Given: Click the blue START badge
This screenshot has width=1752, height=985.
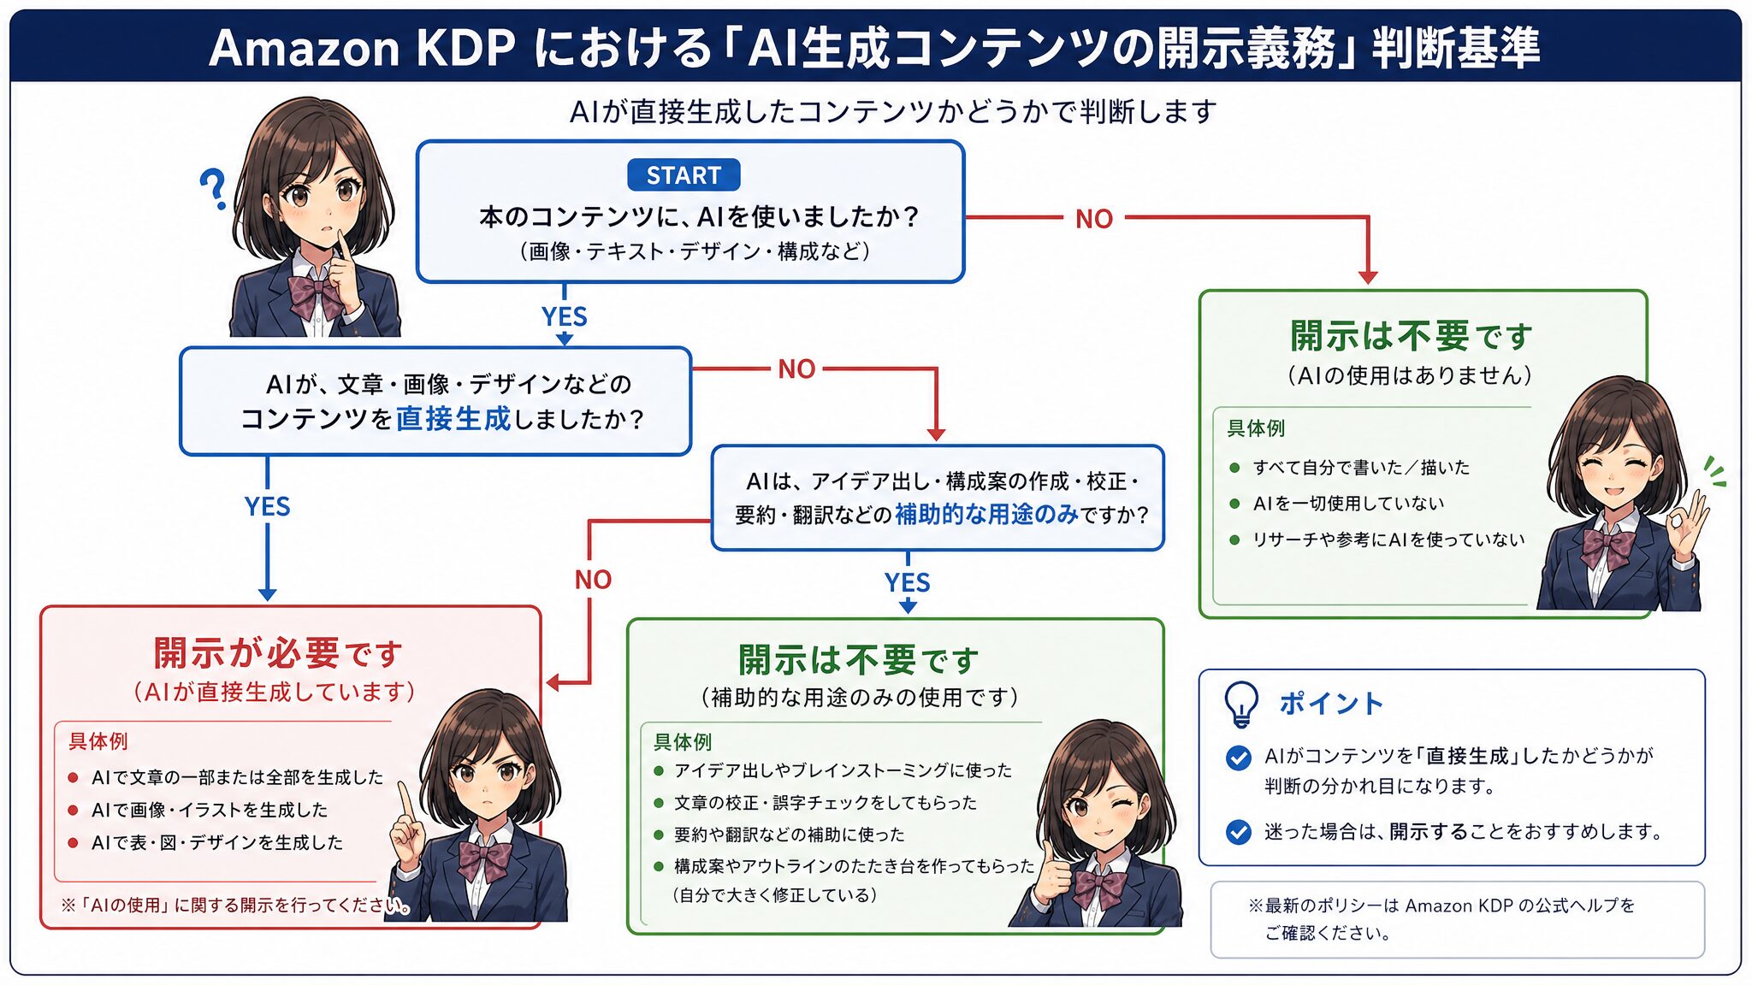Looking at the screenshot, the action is click(x=684, y=175).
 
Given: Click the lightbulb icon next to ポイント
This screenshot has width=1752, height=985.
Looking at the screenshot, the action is click(x=1241, y=704).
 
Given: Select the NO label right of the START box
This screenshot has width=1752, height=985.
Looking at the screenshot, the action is click(x=1094, y=219).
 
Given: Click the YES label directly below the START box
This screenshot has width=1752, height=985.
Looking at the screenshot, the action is click(x=565, y=316).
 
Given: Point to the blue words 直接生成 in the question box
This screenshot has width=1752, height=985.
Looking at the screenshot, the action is click(x=453, y=419).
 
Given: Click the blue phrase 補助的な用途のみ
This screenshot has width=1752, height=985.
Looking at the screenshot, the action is click(x=986, y=514).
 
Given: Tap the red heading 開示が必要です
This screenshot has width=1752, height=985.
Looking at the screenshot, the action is click(x=278, y=653).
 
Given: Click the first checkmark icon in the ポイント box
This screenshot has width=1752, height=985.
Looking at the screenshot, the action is click(x=1238, y=758).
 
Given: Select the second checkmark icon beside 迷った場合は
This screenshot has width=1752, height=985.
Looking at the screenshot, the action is click(x=1238, y=831).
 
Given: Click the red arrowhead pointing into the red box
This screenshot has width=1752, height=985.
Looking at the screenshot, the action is click(x=553, y=682).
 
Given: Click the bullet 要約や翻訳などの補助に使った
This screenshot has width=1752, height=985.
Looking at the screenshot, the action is click(x=778, y=835).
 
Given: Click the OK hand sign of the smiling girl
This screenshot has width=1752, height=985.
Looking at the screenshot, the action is click(x=1682, y=518).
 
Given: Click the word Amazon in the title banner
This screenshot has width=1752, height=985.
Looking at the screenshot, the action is click(x=305, y=48).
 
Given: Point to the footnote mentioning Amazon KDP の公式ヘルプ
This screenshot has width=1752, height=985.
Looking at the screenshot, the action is click(x=1441, y=918).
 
